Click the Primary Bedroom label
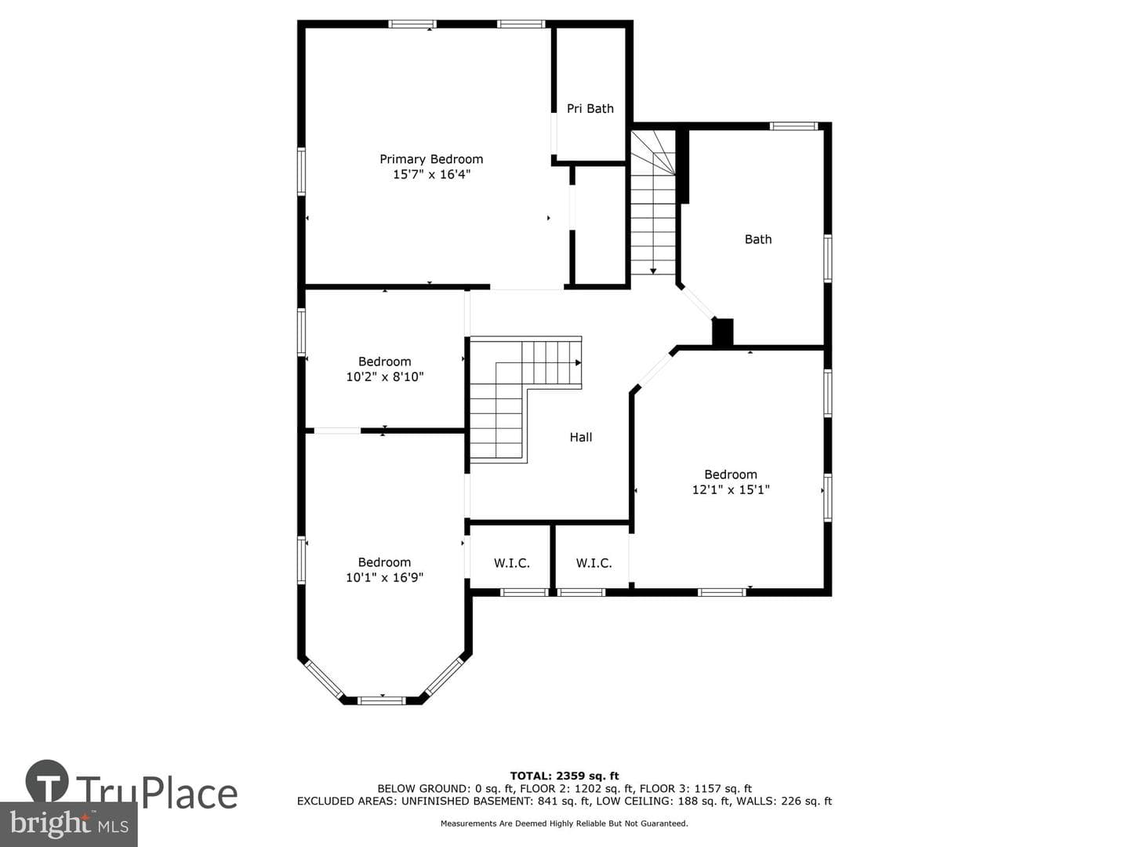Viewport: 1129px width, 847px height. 431,159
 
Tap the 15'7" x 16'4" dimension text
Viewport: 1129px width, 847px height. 431,174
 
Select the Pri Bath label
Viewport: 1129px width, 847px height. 590,108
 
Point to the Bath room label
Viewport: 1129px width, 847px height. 758,239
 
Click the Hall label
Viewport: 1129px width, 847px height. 581,437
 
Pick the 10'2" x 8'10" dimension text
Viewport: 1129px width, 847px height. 385,377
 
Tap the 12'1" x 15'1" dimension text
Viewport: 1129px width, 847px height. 731,489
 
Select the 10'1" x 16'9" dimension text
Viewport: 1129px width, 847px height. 384,577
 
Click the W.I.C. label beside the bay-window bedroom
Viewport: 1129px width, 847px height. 512,563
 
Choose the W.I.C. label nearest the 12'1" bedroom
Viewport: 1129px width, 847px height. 594,563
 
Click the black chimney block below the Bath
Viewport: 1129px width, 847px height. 722,333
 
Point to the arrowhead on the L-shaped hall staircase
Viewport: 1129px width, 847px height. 578,362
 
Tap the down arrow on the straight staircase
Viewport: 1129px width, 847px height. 653,271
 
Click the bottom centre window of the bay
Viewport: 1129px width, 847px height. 382,700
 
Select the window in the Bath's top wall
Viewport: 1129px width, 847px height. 793,126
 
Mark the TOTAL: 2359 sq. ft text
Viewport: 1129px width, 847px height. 564,776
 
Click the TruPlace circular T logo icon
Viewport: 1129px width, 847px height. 47,781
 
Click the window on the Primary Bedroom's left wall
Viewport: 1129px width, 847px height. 301,171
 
